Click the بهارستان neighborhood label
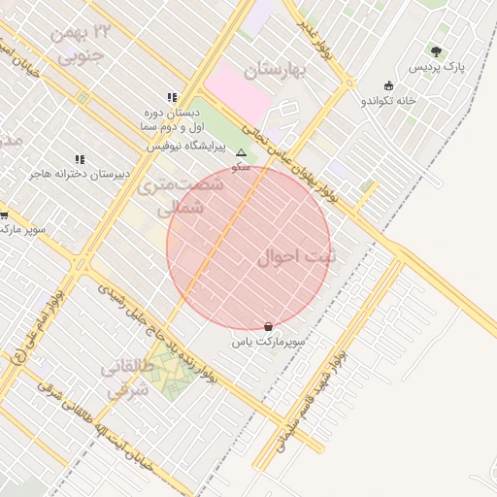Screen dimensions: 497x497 coord(275,71)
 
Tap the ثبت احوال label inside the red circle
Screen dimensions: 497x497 coord(297,258)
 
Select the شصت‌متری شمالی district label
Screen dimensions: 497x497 coord(172,195)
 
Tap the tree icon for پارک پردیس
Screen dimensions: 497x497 coord(436,51)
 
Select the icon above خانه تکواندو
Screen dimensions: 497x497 coord(389,84)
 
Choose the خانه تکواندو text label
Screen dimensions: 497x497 coord(388,100)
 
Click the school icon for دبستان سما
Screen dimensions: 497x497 coord(172,98)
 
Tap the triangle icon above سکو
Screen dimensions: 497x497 coord(241,152)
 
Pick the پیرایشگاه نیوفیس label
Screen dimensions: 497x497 coord(185,147)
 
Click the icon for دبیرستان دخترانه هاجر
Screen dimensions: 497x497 coord(80,159)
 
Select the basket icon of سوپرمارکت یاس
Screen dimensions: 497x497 coord(268,327)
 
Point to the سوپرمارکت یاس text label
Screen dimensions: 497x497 coord(268,343)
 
